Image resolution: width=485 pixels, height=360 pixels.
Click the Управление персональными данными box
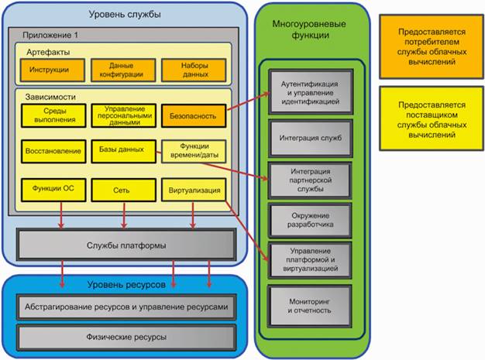(x=122, y=116)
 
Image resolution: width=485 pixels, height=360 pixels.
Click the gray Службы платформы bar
(x=125, y=245)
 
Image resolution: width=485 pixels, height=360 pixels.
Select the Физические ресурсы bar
(x=125, y=336)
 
